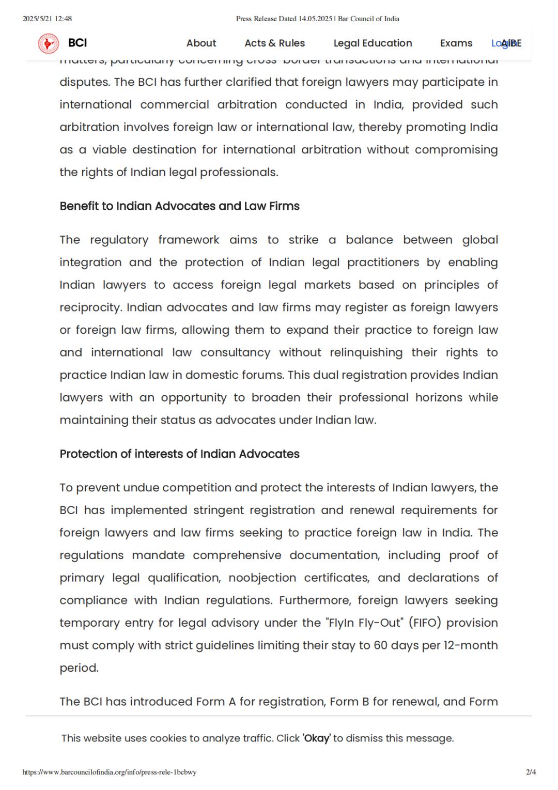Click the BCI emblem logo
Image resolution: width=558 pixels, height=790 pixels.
pyautogui.click(x=49, y=43)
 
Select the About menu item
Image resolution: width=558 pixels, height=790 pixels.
pyautogui.click(x=201, y=43)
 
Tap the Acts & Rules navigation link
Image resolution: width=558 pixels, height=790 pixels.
pyautogui.click(x=274, y=43)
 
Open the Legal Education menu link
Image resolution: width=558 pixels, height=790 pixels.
pyautogui.click(x=373, y=43)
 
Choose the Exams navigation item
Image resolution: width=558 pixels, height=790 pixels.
pyautogui.click(x=456, y=43)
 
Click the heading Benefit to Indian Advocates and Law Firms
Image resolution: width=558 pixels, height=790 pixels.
pyautogui.click(x=179, y=206)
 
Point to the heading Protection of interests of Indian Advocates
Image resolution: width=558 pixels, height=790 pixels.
pyautogui.click(x=179, y=454)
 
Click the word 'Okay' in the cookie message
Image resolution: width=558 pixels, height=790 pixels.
pyautogui.click(x=316, y=738)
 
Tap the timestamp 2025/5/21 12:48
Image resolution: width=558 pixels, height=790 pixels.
pyautogui.click(x=47, y=19)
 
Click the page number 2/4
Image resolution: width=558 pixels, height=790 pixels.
pyautogui.click(x=531, y=772)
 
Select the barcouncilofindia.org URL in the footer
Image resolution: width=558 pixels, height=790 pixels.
pyautogui.click(x=110, y=772)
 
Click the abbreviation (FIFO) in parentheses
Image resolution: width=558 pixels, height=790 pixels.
pyautogui.click(x=425, y=623)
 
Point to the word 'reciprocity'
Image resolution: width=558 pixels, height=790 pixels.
pyautogui.click(x=90, y=308)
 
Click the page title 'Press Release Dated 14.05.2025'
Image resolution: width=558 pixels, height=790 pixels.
pyautogui.click(x=284, y=19)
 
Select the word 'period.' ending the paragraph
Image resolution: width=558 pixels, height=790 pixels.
pyautogui.click(x=79, y=668)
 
